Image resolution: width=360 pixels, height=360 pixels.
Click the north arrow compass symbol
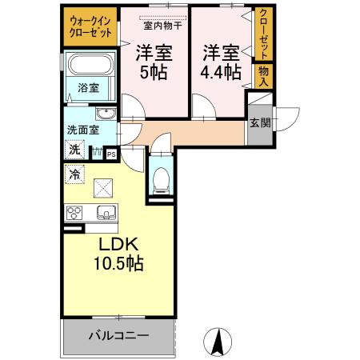tap(218, 342)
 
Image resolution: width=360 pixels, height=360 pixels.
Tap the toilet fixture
tap(161, 180)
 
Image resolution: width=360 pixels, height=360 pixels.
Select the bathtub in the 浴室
tap(90, 65)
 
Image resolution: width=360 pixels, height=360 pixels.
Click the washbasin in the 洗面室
tap(106, 114)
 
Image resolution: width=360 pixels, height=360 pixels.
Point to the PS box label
tap(111, 154)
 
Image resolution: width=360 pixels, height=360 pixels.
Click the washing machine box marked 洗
tap(74, 150)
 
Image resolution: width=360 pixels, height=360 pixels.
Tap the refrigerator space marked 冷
tap(74, 174)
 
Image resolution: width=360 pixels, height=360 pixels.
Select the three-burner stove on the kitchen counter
tap(74, 213)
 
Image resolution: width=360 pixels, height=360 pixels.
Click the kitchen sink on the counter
tap(106, 213)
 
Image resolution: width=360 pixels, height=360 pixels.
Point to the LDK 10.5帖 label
tap(118, 254)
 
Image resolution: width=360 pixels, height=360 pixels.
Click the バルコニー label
tap(118, 335)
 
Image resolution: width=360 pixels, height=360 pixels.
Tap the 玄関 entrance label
tap(260, 122)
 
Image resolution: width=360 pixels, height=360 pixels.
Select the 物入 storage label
tap(263, 76)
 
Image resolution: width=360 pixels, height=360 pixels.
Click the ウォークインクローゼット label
tap(90, 26)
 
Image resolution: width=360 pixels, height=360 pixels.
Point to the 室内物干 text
tap(162, 26)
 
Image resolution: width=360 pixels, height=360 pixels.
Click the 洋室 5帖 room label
tap(154, 62)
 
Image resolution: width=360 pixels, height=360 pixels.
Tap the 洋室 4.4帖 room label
tap(221, 62)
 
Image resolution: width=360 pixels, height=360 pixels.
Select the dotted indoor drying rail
tap(162, 18)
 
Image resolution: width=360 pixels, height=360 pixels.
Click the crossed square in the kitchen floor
tap(103, 188)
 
